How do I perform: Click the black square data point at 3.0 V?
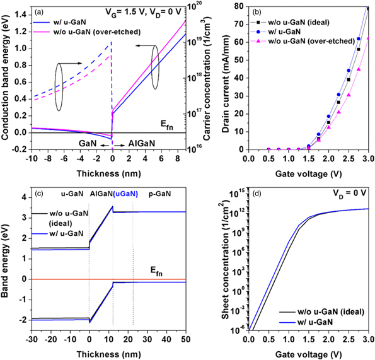coord(367,8)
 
